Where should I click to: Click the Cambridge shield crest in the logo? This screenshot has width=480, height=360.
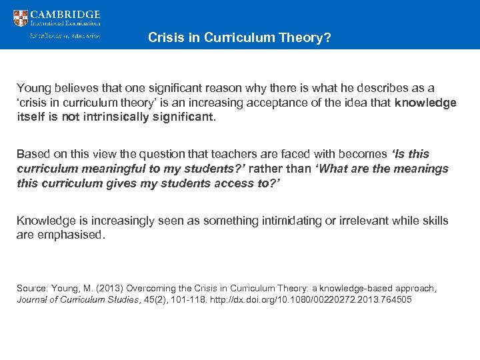(21, 18)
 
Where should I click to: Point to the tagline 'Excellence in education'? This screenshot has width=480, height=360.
(65, 36)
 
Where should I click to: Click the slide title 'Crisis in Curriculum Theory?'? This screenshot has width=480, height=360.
(239, 38)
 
